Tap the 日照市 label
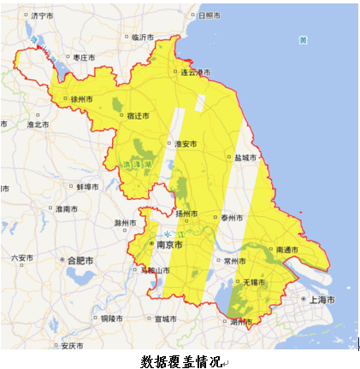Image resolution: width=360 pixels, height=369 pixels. point(208,15)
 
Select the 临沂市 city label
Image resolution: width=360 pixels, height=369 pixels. point(142,37)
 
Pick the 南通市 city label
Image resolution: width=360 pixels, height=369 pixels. point(287,249)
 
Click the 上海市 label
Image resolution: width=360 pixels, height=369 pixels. point(321,300)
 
